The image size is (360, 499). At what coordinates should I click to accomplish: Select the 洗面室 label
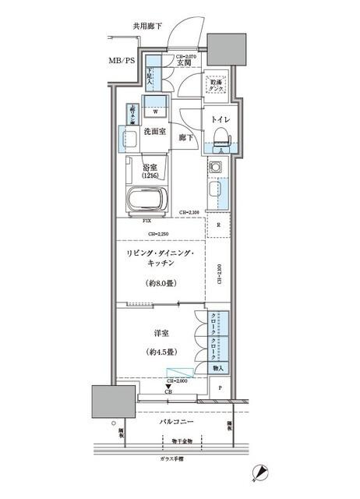[154, 131]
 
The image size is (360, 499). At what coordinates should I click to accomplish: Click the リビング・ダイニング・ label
[161, 254]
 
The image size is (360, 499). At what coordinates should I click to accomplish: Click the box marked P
[220, 388]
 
